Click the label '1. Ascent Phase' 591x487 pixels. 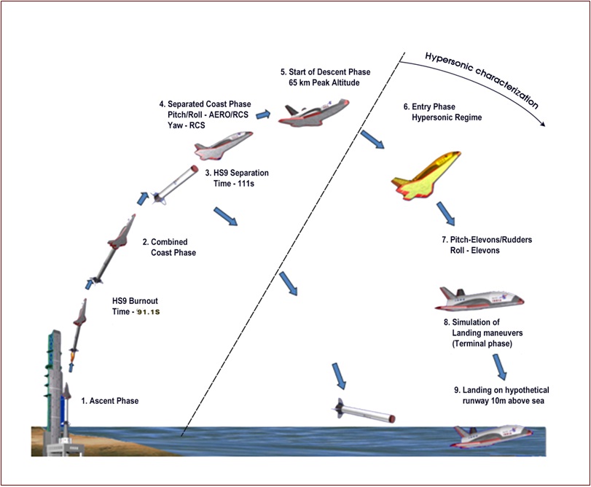click(x=109, y=401)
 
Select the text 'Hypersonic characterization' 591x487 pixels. click(x=481, y=79)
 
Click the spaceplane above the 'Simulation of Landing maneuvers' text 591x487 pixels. click(x=480, y=297)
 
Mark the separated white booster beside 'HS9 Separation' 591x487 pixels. click(x=176, y=182)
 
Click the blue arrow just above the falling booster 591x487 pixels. click(x=340, y=376)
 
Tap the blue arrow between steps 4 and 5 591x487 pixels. click(x=263, y=114)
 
